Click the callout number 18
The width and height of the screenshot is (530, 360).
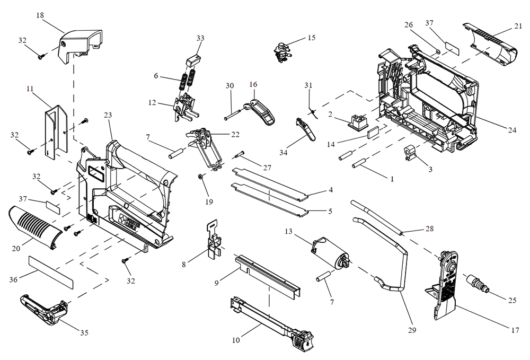click(x=40, y=15)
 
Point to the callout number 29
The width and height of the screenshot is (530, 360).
click(x=412, y=330)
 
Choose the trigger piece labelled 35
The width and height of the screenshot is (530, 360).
click(x=45, y=308)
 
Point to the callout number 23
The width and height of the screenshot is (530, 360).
click(x=108, y=115)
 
